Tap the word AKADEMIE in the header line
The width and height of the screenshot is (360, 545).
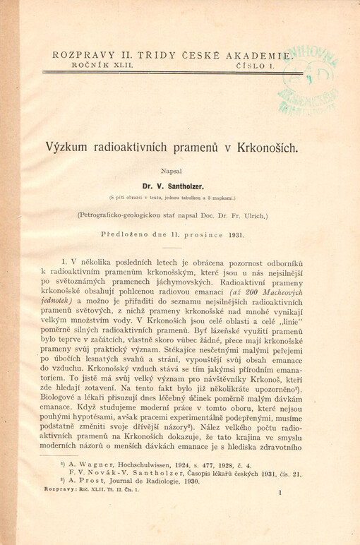[256, 53]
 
